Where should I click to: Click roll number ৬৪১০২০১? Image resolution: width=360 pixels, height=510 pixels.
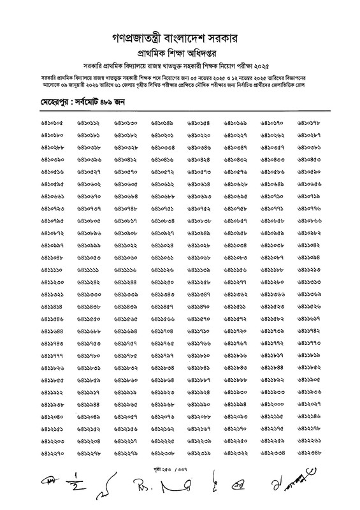pyautogui.click(x=162, y=136)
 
